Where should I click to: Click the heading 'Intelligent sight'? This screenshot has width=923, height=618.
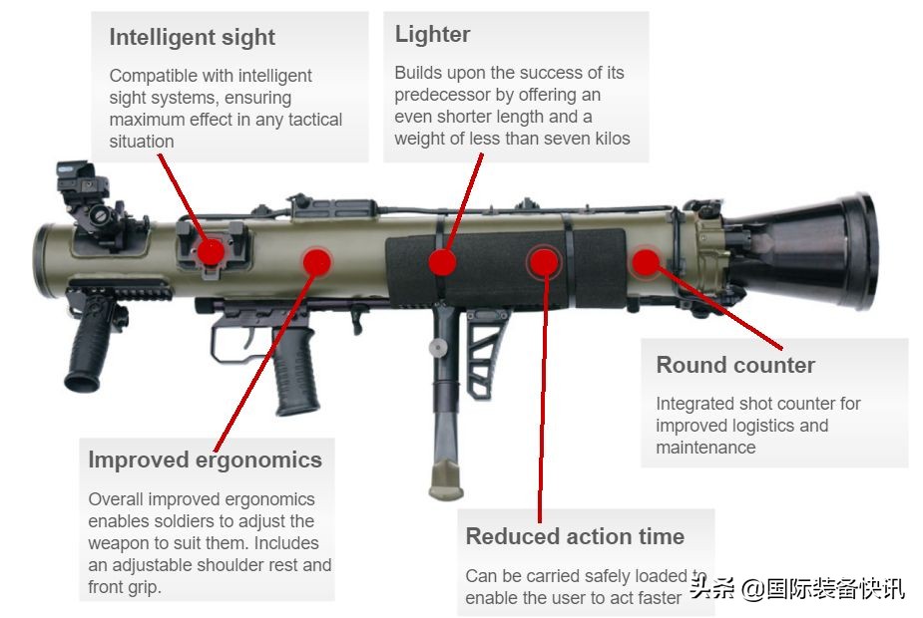pos(192,38)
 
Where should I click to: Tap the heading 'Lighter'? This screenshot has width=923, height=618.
pos(432,34)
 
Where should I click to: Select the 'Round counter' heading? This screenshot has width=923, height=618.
pos(735,365)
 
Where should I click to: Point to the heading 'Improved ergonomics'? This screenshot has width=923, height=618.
pos(205,460)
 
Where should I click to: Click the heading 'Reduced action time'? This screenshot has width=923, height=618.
pos(575,536)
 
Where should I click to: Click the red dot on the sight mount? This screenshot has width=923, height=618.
pos(210,251)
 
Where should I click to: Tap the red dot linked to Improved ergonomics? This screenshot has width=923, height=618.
pos(316,261)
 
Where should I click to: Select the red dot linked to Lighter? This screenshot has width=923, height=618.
pos(442,262)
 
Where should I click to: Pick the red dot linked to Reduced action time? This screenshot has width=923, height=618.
pos(543,261)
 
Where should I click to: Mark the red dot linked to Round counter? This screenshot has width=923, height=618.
pos(646,262)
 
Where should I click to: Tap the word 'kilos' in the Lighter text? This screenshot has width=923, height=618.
pos(608,139)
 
